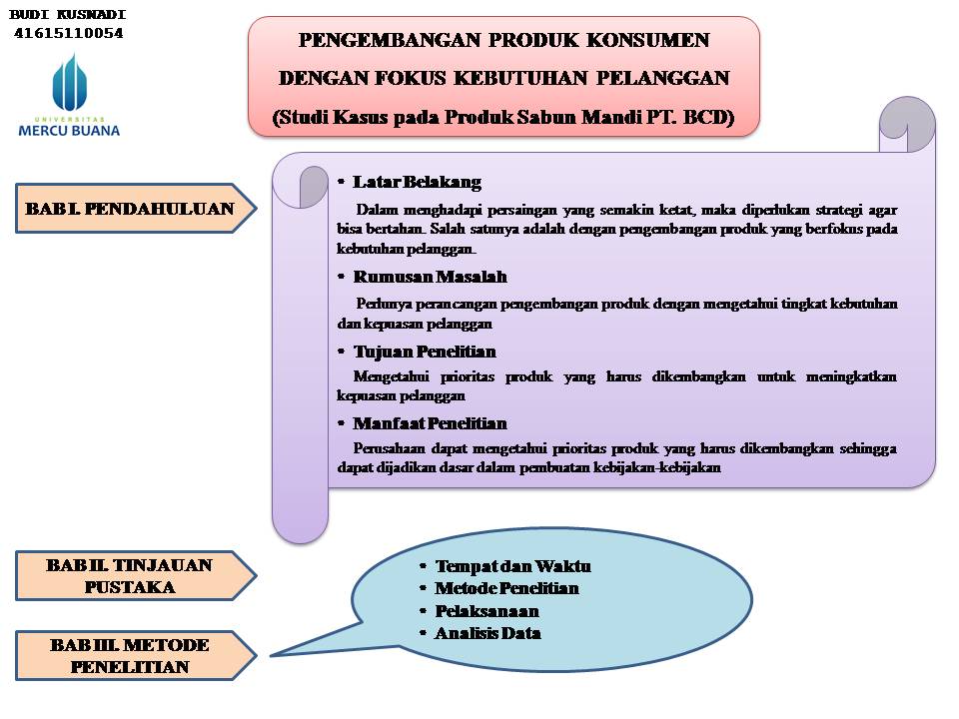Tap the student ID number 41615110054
pos(69,33)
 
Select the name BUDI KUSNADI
pos(69,15)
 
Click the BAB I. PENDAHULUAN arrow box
pos(130,209)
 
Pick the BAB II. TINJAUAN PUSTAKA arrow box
pos(130,576)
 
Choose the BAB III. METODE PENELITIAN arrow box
pos(130,656)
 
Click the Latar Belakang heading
pos(417,182)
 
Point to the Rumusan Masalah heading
pos(430,277)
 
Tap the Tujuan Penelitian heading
pos(424,352)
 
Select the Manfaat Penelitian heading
pos(430,423)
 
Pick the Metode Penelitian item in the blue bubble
pos(506,588)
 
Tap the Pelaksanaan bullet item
pos(486,611)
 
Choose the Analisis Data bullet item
pos(487,633)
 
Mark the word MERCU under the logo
pos(44,130)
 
